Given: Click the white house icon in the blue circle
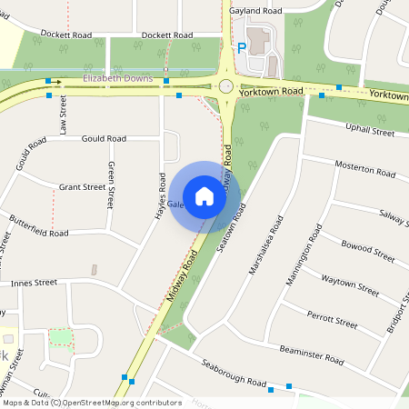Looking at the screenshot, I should (x=204, y=195).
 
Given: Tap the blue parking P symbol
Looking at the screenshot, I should (x=242, y=49).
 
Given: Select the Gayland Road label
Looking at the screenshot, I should (x=255, y=11).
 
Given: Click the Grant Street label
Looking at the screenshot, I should (x=82, y=186).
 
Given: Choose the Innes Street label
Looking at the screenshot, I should (x=34, y=284).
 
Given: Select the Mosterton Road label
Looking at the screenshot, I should (x=367, y=168).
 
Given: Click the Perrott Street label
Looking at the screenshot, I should (x=332, y=321).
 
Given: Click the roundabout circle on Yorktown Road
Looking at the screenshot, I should (x=224, y=86).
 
